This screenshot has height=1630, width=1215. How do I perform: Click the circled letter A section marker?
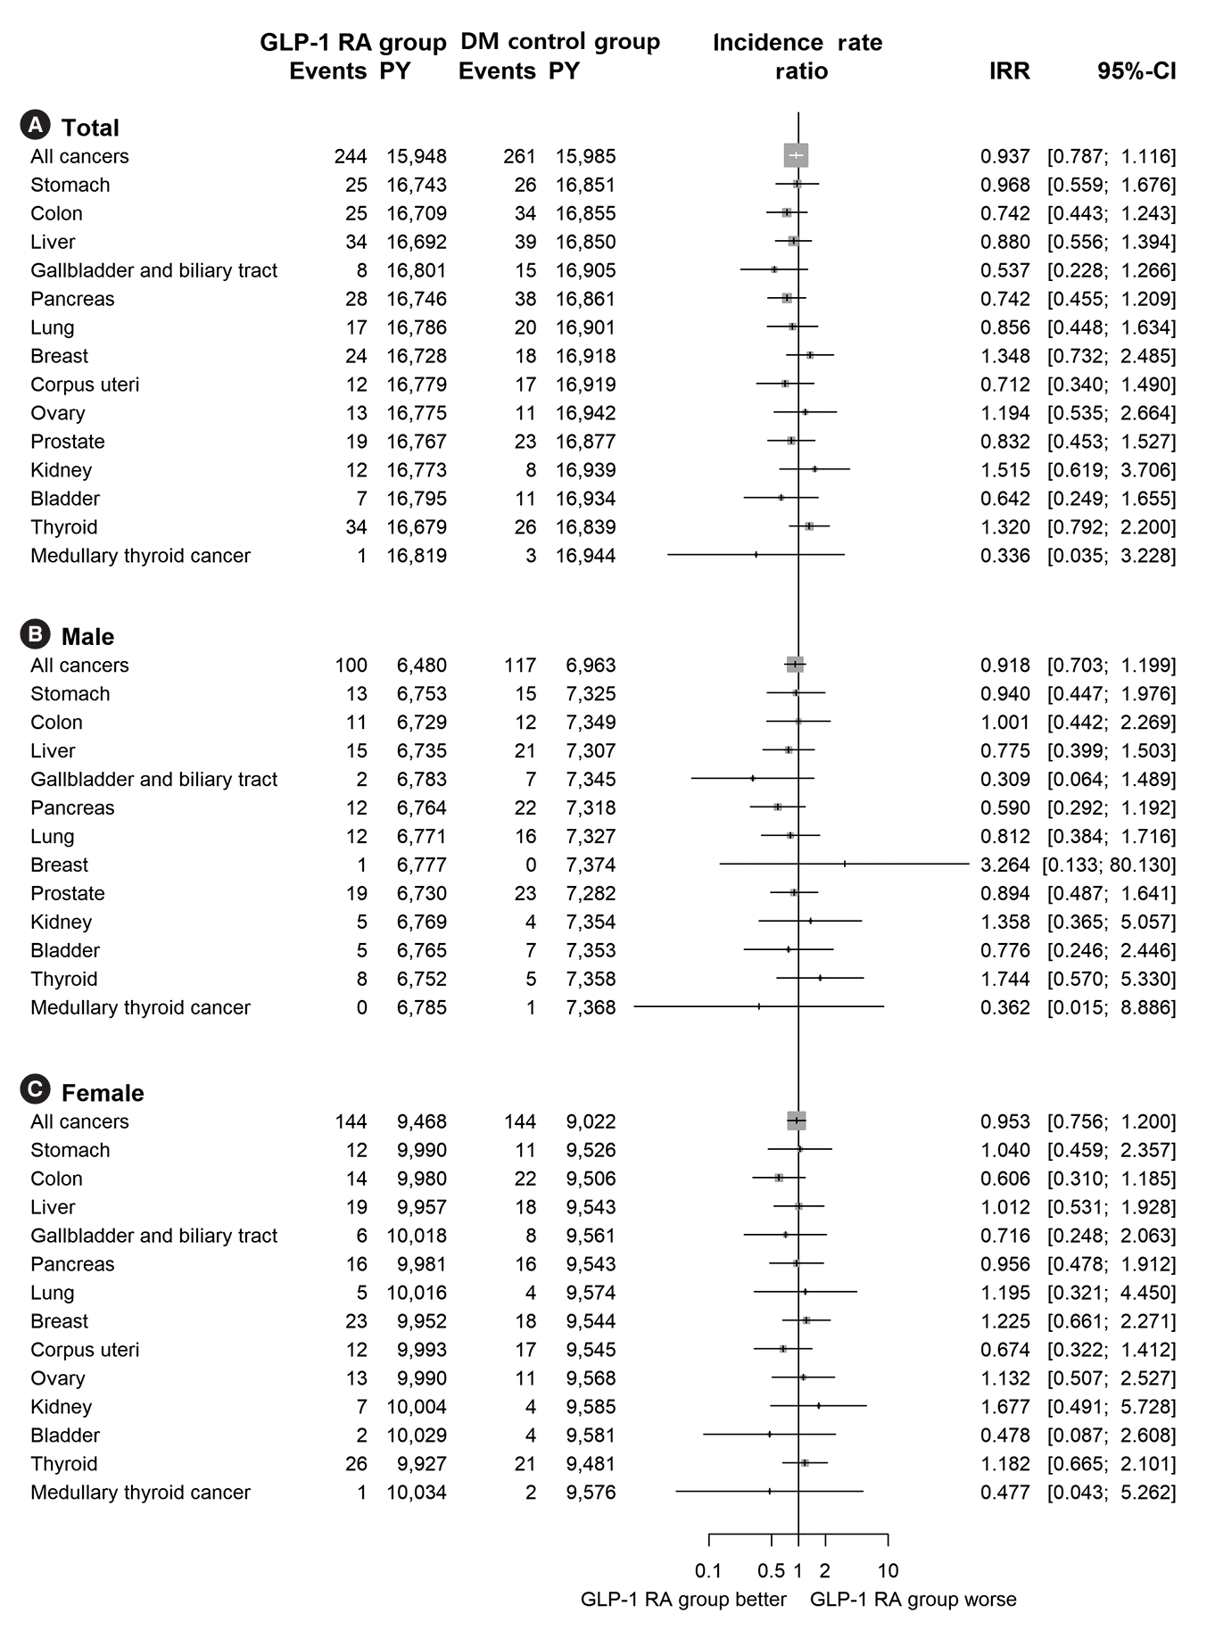point(35,126)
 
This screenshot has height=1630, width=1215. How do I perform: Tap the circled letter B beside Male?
point(35,634)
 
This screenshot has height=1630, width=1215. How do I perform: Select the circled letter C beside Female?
point(35,1091)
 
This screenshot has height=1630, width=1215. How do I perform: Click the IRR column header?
point(1009,71)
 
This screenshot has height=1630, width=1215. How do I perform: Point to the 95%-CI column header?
point(1136,71)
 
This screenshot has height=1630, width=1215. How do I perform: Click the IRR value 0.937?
point(1004,157)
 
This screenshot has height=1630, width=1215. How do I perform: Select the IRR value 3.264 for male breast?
point(1004,865)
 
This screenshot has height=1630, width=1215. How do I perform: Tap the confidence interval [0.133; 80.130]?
point(1109,865)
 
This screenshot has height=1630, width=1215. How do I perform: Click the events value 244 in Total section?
point(351,157)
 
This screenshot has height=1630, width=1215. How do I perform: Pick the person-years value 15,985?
point(585,157)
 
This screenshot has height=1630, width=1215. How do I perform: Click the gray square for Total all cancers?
point(796,155)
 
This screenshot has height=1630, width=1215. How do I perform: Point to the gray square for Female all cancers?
point(796,1121)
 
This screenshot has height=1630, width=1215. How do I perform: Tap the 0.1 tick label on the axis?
point(708,1570)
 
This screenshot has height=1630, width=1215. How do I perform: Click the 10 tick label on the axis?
point(888,1570)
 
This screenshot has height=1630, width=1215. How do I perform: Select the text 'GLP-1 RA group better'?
point(683,1600)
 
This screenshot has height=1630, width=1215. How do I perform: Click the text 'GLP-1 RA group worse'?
point(913,1600)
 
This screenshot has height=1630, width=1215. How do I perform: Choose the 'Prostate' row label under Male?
point(68,894)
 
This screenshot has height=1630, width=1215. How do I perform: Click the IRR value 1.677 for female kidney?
point(1004,1407)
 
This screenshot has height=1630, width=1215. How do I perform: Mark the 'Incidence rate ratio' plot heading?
point(798,56)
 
